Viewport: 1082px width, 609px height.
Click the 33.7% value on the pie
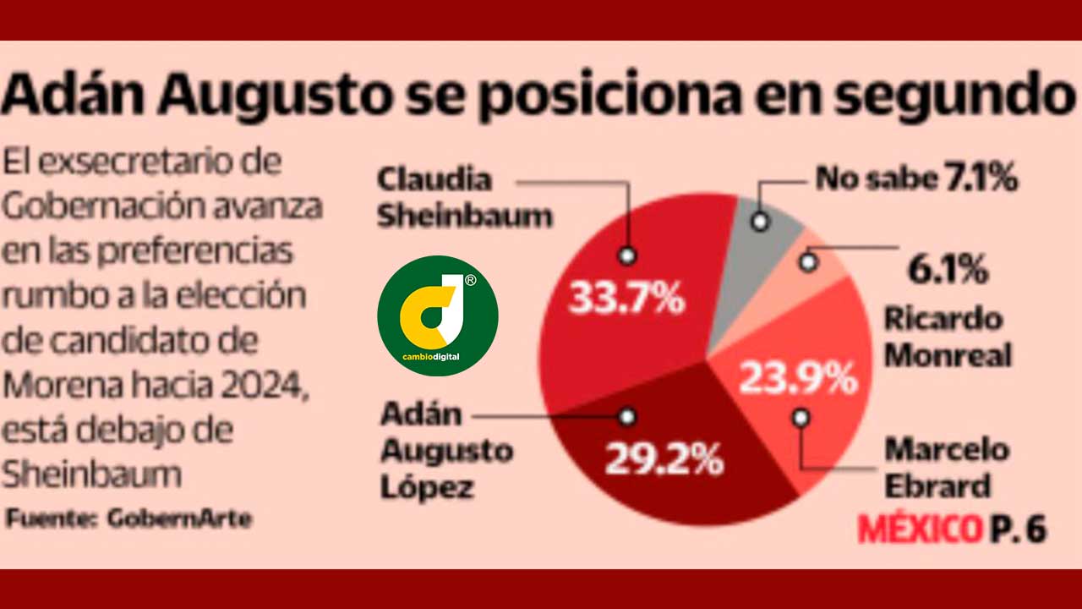626,297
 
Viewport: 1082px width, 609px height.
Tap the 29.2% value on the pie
664,460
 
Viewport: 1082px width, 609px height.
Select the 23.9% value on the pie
798,378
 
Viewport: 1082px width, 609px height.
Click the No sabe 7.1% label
915,179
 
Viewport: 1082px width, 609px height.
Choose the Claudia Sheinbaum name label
463,198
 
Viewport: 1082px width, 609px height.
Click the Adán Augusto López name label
445,451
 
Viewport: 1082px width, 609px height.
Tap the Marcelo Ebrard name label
946,468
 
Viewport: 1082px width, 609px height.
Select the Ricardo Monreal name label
947,337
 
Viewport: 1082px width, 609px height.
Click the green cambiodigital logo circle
437,315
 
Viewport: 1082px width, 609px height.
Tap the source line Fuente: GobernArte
128,518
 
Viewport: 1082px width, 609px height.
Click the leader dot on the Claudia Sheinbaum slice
626,255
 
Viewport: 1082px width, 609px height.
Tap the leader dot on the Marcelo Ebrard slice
801,416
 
